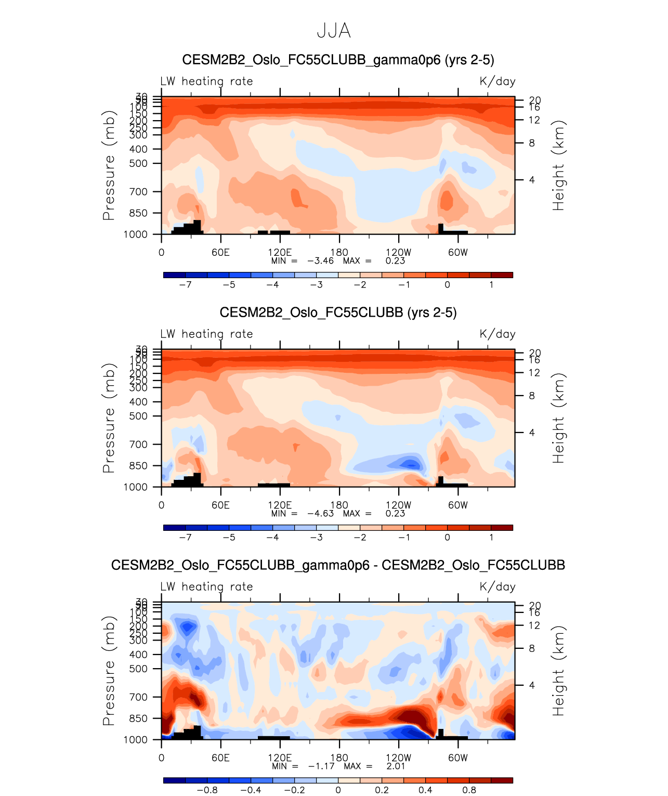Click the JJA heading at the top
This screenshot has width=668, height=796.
coord(334,31)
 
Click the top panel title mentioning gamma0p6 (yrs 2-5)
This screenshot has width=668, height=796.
coord(338,60)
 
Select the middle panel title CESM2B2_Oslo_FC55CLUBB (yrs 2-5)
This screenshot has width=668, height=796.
coord(338,312)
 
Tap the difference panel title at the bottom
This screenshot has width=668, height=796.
coord(338,565)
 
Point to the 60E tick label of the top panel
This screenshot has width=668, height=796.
coord(220,253)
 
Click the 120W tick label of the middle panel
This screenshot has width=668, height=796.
coord(399,505)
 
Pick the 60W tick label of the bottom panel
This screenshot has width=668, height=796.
coord(458,758)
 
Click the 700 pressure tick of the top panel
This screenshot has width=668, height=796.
coord(138,192)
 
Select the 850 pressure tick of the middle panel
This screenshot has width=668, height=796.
coord(138,466)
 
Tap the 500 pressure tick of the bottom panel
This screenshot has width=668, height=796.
coord(138,669)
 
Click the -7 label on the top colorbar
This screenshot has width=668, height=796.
coord(185,284)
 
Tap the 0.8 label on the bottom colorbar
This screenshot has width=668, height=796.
coord(469,790)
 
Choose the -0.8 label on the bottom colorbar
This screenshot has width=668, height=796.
coord(207,790)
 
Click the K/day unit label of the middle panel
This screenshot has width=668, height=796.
coord(497,334)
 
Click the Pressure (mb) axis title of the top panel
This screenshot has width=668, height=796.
coord(108,165)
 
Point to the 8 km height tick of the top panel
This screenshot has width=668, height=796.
coord(532,143)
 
